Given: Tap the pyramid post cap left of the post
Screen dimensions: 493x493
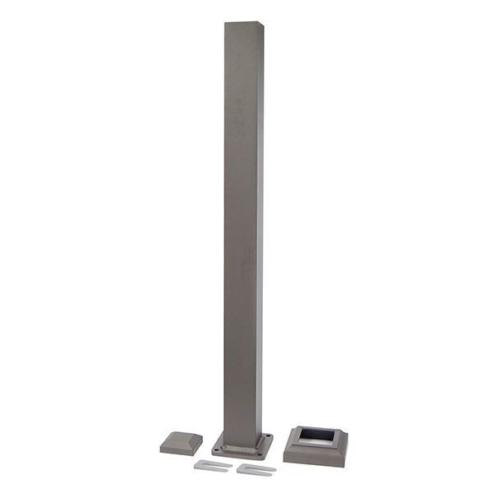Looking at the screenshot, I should pos(181,443).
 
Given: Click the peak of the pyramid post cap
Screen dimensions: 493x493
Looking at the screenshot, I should pos(182,437).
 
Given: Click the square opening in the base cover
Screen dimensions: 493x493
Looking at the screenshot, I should pos(316,436).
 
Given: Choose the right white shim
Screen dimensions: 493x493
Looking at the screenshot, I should pos(256,469).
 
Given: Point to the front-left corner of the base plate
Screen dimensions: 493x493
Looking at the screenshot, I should pos(213,452).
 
